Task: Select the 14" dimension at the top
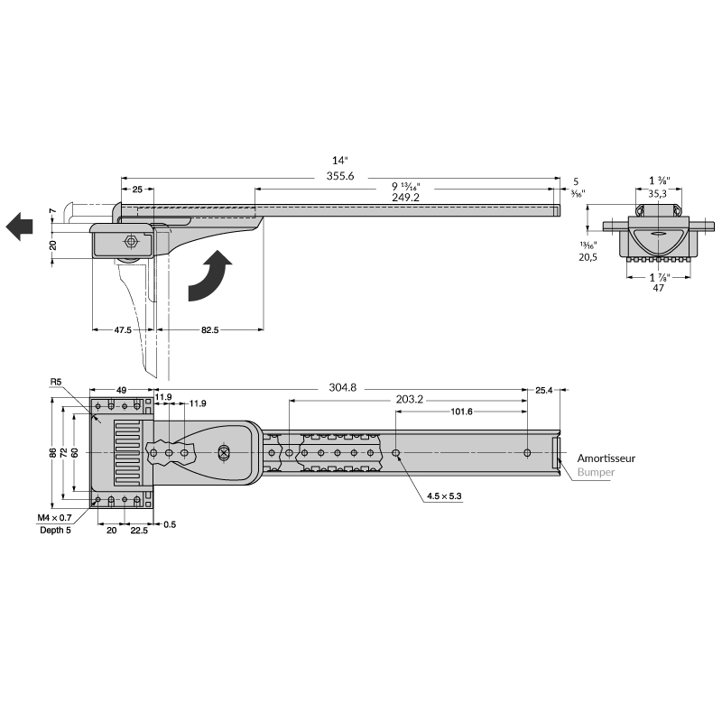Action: [x=338, y=160]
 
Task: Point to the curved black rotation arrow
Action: [x=210, y=278]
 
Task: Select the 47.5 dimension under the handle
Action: [x=123, y=330]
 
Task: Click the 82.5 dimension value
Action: [x=209, y=330]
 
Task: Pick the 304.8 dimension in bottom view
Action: [x=342, y=388]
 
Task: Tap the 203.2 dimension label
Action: [x=410, y=399]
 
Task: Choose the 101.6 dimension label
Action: [x=461, y=412]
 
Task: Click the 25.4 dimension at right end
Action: [x=544, y=390]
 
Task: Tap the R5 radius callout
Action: [x=56, y=382]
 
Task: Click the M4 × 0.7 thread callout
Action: [x=54, y=517]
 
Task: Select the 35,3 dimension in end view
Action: [x=658, y=193]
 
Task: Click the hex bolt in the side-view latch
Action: [x=131, y=242]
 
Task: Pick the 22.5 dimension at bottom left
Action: [x=138, y=531]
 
